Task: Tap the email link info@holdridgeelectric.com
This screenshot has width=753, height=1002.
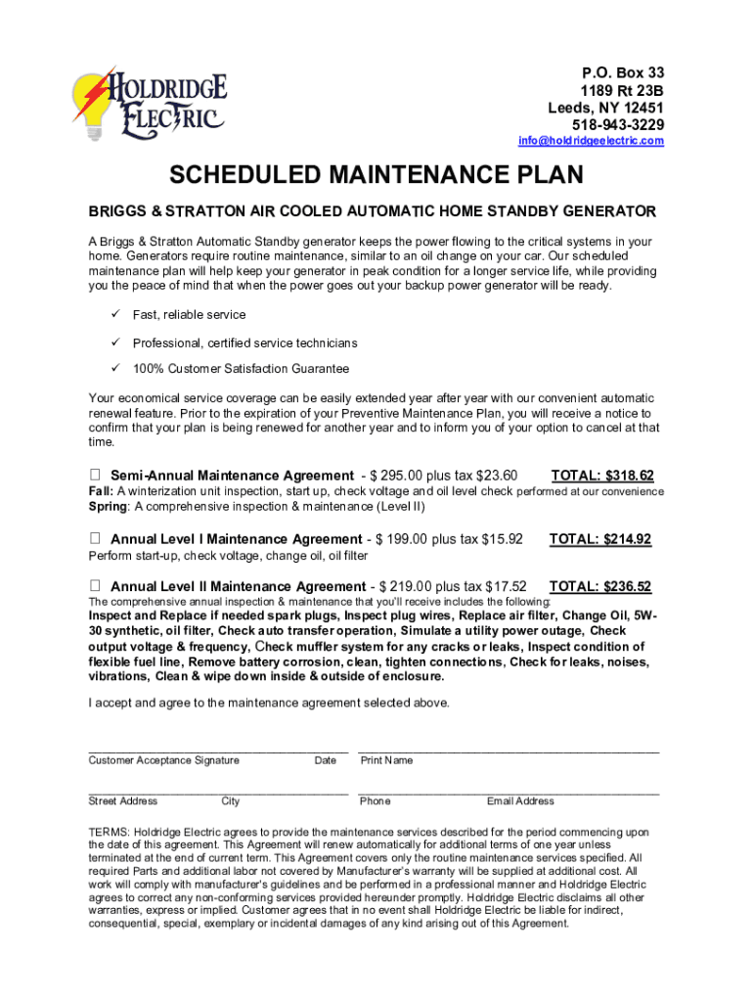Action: tap(591, 141)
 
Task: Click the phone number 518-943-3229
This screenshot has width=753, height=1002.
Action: tap(617, 124)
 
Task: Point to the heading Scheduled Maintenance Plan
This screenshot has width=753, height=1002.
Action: tap(376, 176)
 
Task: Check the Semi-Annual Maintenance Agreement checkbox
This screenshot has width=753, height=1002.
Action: tap(95, 476)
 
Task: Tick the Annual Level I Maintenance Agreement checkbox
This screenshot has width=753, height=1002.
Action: tap(95, 539)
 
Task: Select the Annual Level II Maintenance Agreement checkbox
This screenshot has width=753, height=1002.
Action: tap(95, 586)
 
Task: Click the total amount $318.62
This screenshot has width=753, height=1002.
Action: tap(602, 477)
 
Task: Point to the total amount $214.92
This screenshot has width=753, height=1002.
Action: tap(600, 539)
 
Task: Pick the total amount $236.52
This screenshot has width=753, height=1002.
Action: tap(600, 587)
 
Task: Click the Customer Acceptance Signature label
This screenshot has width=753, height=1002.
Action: tap(163, 760)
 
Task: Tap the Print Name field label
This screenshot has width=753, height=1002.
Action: tap(386, 760)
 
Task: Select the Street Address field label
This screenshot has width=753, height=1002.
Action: tap(122, 801)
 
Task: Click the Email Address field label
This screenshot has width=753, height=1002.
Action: tap(520, 801)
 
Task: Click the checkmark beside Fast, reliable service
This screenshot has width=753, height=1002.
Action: tap(112, 314)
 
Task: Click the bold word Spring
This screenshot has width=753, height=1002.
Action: tap(108, 507)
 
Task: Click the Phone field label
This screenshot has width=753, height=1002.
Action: tap(375, 801)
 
